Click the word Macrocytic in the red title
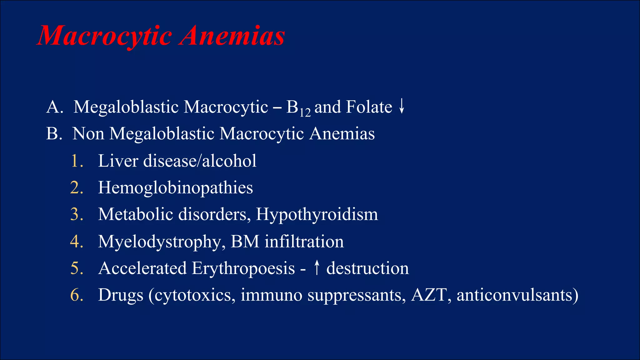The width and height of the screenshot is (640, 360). coord(105,36)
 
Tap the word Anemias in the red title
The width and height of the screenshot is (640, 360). coord(233,36)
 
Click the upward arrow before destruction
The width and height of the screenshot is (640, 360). coord(317,268)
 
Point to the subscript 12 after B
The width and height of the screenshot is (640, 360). coord(305,112)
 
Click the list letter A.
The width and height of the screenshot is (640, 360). coord(52,107)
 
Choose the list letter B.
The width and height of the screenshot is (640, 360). coord(52,134)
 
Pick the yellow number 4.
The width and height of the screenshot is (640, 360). coord(76,242)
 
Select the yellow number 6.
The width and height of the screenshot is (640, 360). coord(76,295)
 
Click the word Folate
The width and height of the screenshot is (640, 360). coord(369,107)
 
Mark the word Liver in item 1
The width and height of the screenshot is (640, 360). coord(118,161)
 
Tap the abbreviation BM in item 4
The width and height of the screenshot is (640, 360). coord(245,242)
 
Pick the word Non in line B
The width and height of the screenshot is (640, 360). coord(88,134)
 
